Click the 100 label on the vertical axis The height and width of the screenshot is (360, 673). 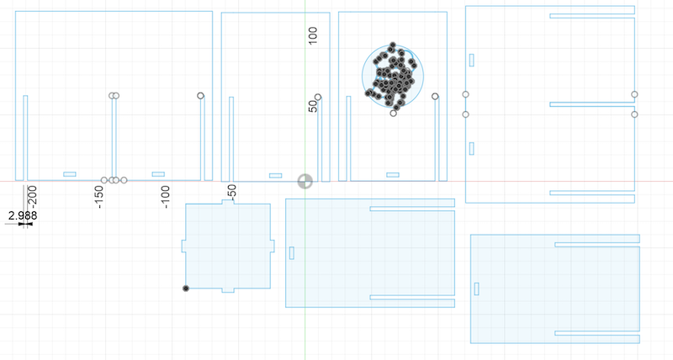click(313, 35)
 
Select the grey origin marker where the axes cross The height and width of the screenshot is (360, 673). click(305, 181)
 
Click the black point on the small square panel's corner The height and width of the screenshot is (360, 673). click(186, 289)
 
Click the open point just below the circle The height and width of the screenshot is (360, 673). click(394, 113)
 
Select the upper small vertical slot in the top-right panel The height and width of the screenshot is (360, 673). click(471, 60)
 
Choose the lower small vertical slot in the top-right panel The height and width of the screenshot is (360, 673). click(471, 149)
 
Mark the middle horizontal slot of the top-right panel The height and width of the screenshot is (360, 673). click(591, 104)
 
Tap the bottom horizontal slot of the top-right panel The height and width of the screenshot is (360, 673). click(591, 193)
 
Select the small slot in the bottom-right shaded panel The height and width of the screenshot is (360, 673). click(477, 289)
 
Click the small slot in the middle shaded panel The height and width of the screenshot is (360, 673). click(292, 252)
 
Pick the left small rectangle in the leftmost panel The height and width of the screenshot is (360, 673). click(70, 174)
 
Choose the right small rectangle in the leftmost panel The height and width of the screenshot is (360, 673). click(158, 174)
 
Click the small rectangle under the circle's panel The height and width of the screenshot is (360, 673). click(393, 175)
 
